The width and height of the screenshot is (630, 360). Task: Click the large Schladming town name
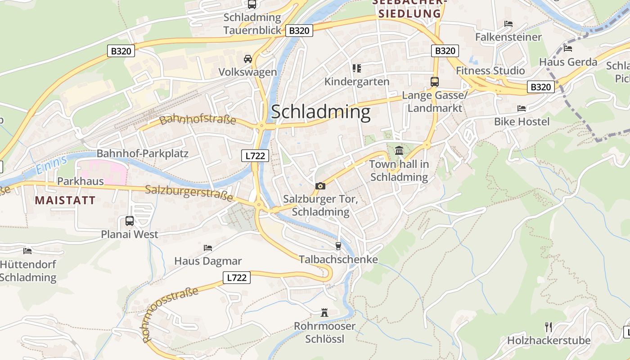coord(320,112)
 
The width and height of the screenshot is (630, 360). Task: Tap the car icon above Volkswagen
coord(247,59)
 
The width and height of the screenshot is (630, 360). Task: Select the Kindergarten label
coord(357,81)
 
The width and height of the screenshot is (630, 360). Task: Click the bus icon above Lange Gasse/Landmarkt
coord(434,82)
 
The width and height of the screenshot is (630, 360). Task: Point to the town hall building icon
coord(399,150)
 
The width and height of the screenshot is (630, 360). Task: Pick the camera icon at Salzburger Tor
coord(320,186)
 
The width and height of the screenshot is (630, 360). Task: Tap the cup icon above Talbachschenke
coord(338,246)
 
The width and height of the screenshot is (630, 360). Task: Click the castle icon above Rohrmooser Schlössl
coord(324,312)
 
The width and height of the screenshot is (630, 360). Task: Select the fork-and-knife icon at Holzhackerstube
coord(549,327)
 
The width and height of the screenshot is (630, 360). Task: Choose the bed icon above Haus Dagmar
coord(207,247)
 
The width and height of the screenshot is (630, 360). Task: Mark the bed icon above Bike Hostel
coord(522,108)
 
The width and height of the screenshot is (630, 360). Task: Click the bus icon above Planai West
coord(129,221)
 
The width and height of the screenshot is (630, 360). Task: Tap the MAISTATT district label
coord(65,200)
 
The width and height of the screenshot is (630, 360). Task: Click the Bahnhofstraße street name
coord(198,120)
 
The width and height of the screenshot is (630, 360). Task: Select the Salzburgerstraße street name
coord(189,193)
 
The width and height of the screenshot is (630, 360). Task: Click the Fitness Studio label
coord(490,71)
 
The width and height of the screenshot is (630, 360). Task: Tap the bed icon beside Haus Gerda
coord(568,48)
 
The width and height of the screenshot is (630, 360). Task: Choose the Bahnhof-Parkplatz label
coord(142,153)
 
